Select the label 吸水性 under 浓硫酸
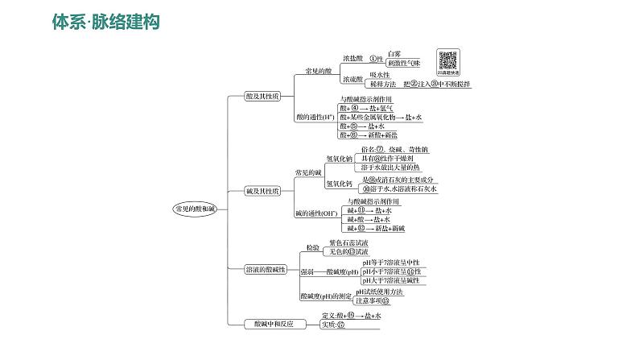click(x=369, y=74)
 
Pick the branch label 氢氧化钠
click(x=339, y=159)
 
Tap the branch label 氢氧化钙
click(x=339, y=184)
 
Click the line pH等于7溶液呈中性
click(x=391, y=263)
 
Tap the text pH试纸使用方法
click(x=382, y=292)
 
